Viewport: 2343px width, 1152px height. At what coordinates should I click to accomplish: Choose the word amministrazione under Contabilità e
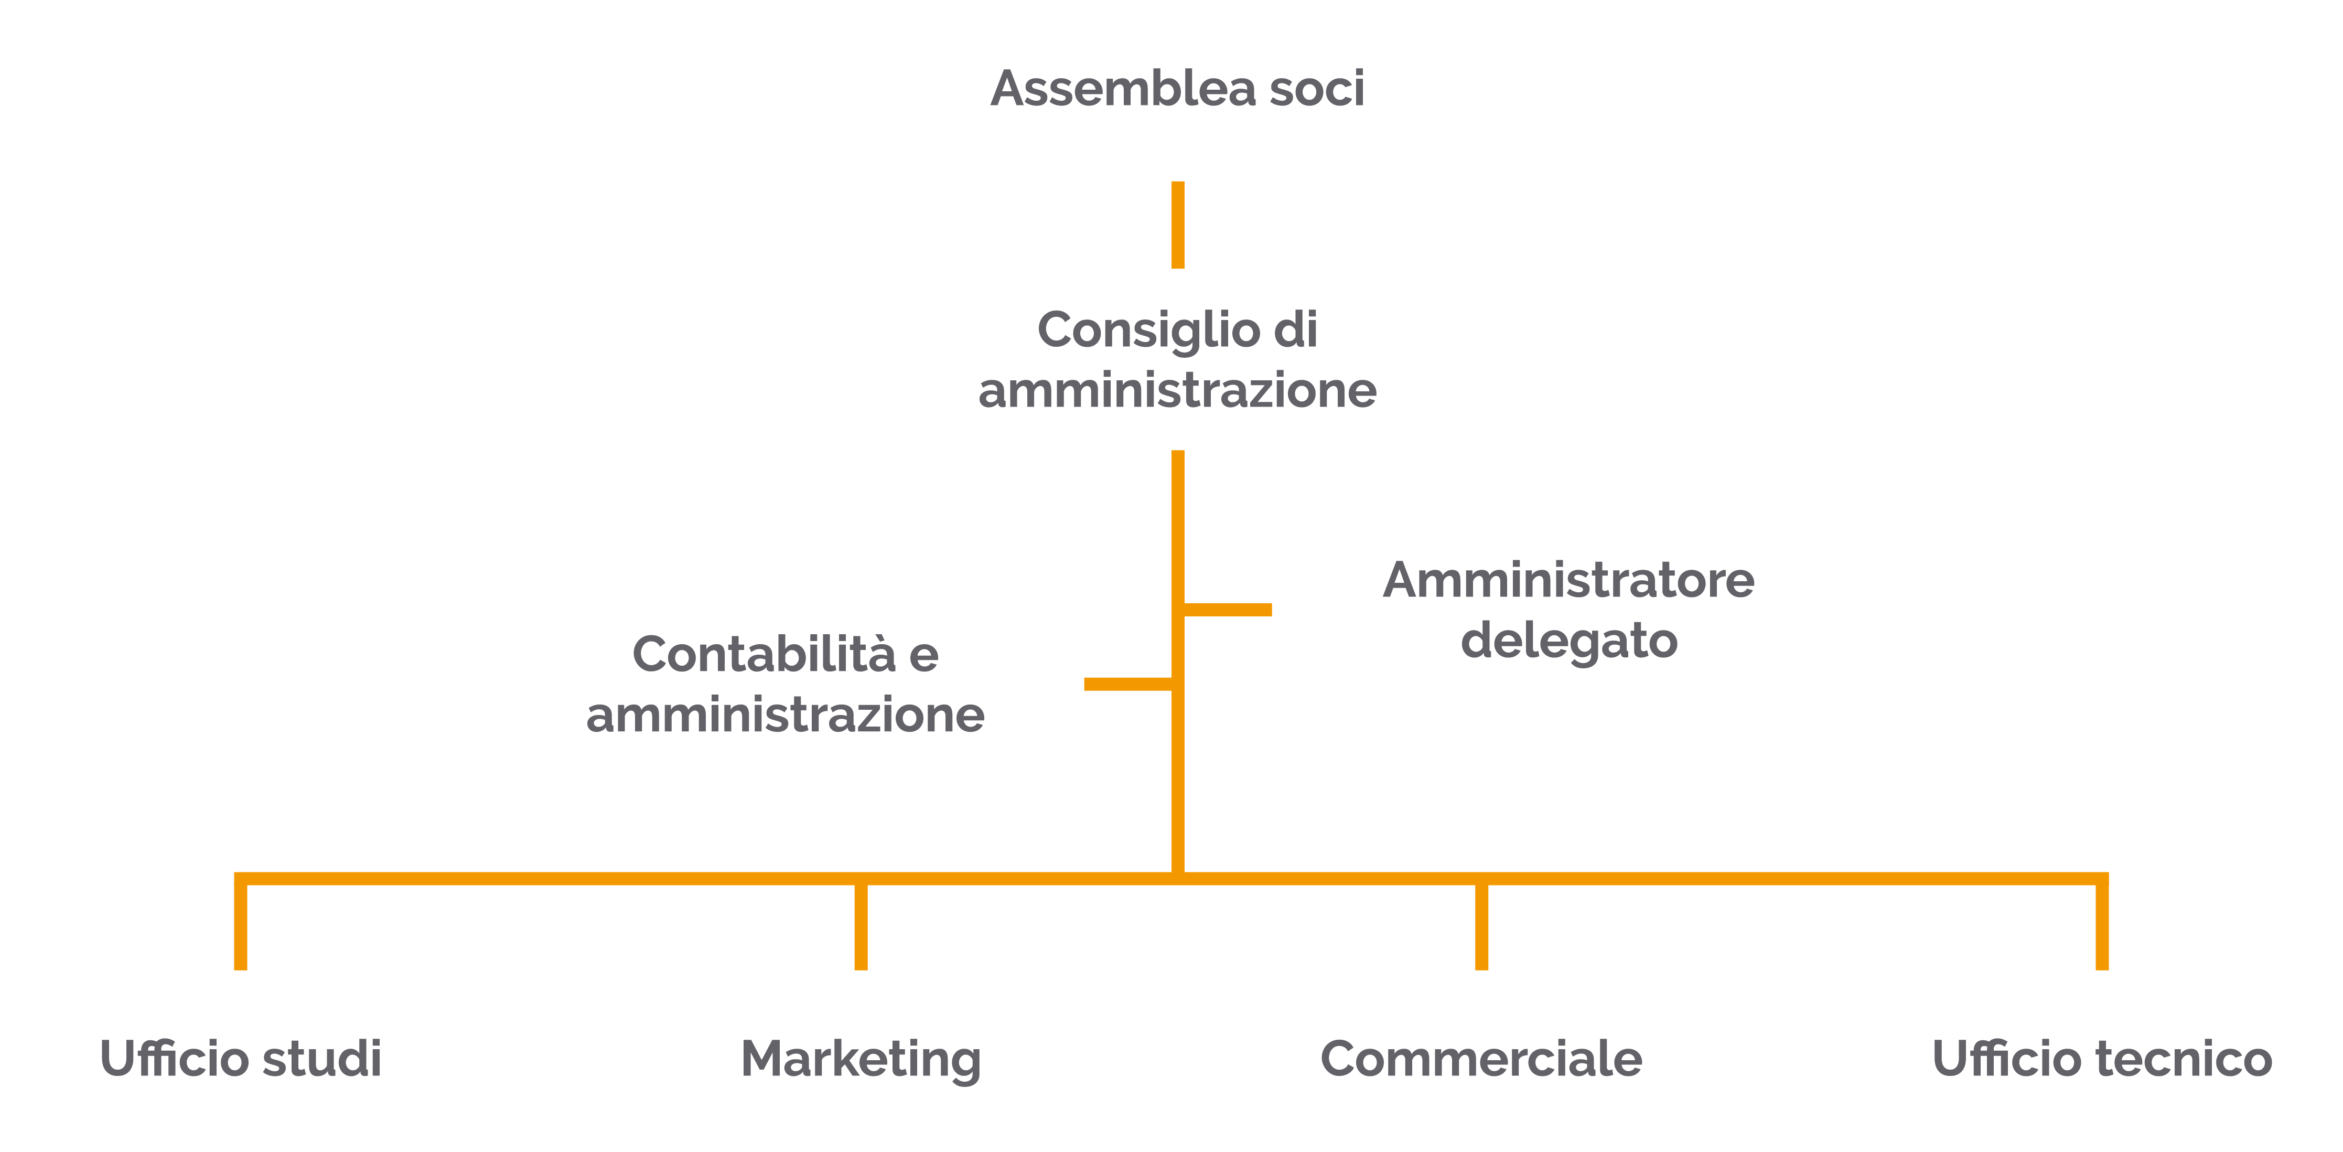(x=785, y=715)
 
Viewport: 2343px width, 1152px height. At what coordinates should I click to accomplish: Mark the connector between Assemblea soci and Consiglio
(x=1178, y=225)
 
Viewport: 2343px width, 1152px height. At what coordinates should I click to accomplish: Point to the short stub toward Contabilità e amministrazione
(x=1128, y=684)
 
